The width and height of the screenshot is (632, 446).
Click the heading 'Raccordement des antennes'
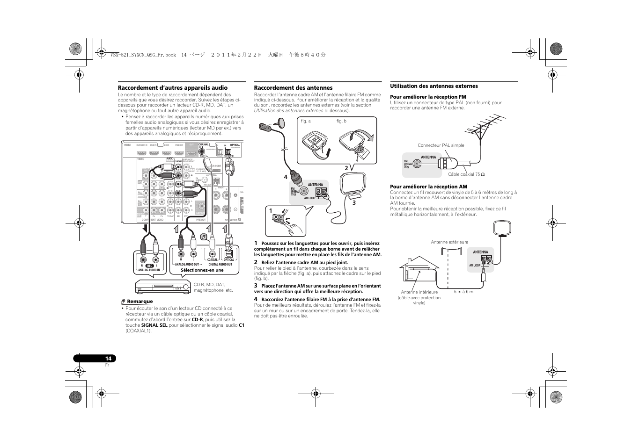click(x=293, y=88)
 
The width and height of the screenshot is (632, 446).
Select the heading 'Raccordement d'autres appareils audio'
click(x=172, y=88)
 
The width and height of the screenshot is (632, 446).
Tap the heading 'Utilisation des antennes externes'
click(x=434, y=86)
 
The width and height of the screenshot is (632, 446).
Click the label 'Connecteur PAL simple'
click(x=441, y=145)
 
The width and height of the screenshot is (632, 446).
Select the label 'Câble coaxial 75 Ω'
click(x=466, y=174)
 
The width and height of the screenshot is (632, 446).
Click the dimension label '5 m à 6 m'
click(x=463, y=292)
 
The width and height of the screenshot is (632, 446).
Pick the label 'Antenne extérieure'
click(x=449, y=242)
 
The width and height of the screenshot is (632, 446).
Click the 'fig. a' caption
click(x=306, y=121)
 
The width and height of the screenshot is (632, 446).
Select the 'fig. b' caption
click(x=341, y=121)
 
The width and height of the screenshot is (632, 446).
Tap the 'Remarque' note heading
click(x=140, y=302)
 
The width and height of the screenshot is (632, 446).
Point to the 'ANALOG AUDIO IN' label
click(x=149, y=270)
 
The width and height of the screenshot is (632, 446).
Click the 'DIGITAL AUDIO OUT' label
click(x=220, y=265)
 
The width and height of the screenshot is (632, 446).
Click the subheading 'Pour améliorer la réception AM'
click(x=428, y=187)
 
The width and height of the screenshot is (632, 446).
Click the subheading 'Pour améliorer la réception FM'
click(x=428, y=97)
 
